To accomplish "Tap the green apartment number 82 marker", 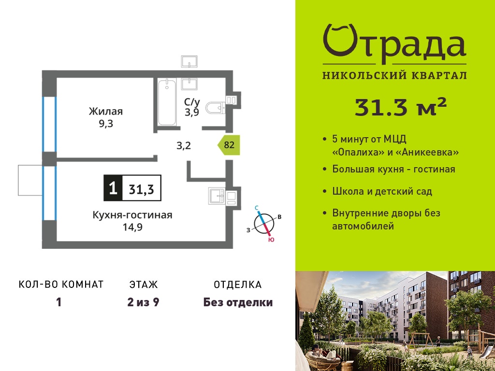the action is (x=229, y=145).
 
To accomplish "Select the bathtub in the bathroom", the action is (x=167, y=102).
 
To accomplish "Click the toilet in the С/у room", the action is (x=216, y=108).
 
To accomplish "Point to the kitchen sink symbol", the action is (x=217, y=196).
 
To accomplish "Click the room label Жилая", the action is (x=106, y=112).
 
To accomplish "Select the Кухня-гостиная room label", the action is (x=132, y=215).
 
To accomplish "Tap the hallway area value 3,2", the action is (x=183, y=146).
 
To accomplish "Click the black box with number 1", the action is (x=113, y=188).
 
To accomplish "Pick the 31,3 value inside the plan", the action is (x=142, y=189).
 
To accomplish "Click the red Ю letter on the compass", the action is (x=271, y=240).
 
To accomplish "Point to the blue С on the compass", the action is (x=257, y=208).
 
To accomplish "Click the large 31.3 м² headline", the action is (x=401, y=107).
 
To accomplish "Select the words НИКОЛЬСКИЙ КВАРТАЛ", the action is (x=394, y=75).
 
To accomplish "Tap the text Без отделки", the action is (x=238, y=302).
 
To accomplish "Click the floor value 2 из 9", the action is (x=143, y=302).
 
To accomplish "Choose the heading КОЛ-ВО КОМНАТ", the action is (x=61, y=285).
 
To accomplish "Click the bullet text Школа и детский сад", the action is (x=382, y=191).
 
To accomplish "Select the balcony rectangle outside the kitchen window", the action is (x=30, y=180).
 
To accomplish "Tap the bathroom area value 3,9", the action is (x=192, y=112).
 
